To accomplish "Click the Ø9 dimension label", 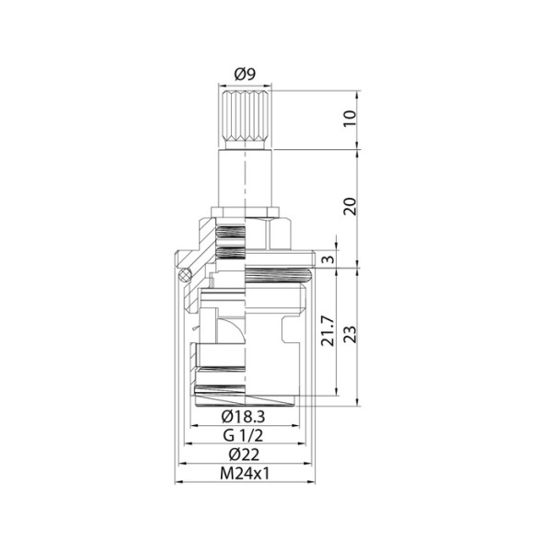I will pos(245,74).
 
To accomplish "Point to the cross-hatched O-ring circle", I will pos(185,273).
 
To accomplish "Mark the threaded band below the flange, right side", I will pos(280,273).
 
